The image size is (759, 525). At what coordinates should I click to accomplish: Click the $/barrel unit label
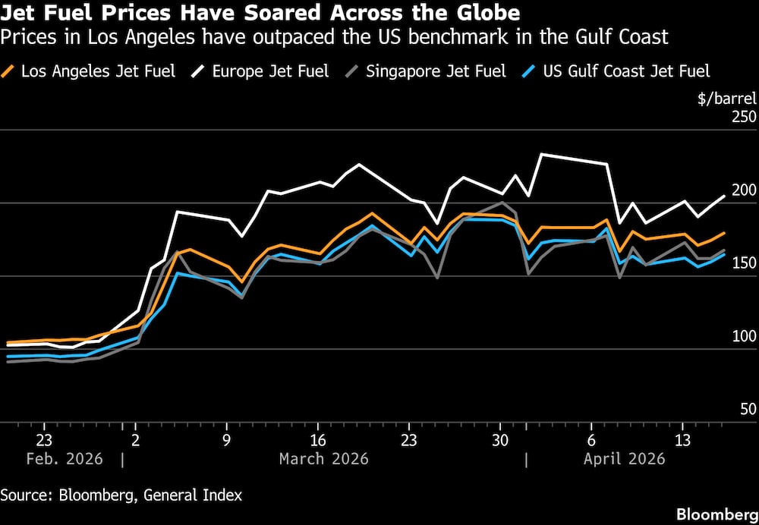722,96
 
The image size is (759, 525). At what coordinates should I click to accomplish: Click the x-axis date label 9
226,439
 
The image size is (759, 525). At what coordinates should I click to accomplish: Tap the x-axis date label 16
318,439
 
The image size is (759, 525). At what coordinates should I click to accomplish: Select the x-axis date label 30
500,439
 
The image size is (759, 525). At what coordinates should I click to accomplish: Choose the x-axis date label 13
682,439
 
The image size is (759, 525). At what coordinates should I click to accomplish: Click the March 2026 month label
324,459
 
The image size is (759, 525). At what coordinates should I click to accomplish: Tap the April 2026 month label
624,459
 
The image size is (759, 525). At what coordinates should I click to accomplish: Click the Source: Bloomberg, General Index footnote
121,495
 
